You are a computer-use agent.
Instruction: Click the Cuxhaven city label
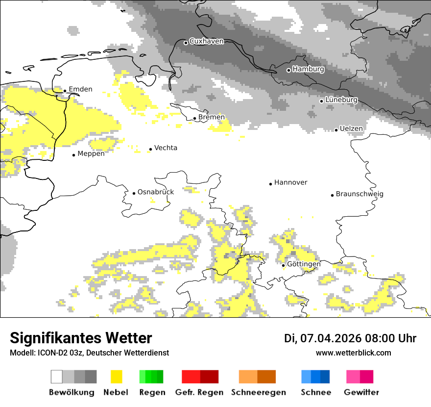(x=206, y=41)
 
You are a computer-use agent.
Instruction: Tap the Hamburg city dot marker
(x=288, y=70)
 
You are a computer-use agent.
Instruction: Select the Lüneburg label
(x=341, y=100)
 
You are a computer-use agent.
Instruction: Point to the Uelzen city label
(x=352, y=128)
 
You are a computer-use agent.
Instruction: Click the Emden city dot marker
(x=65, y=91)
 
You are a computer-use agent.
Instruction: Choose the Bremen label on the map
(x=212, y=117)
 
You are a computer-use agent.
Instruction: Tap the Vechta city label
(x=166, y=148)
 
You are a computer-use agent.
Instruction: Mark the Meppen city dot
(x=73, y=155)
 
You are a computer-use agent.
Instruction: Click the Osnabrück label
(x=155, y=192)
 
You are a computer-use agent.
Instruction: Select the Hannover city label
(x=290, y=182)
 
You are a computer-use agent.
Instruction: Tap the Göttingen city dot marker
(x=283, y=265)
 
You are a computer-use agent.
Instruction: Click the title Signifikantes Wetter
(x=81, y=338)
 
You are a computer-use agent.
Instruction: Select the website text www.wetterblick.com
(x=353, y=353)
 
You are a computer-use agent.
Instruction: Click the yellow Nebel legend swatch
(x=117, y=377)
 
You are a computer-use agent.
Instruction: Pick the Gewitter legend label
(x=361, y=392)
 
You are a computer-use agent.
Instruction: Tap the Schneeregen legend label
(x=259, y=392)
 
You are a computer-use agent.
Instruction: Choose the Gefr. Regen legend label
(x=199, y=392)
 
